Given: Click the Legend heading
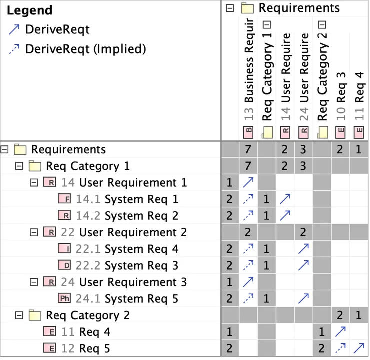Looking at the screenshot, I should [29, 10].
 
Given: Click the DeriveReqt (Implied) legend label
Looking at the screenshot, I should [85, 49].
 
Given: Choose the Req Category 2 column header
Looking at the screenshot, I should [322, 75].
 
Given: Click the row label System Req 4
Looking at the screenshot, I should [141, 249].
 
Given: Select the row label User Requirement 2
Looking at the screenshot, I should [133, 232].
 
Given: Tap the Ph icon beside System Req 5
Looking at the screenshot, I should [64, 299].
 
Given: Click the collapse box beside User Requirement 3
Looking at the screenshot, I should [34, 282].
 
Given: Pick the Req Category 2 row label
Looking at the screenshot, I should [88, 315].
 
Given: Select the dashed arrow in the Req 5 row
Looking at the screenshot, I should [340, 348].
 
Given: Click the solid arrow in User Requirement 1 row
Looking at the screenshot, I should [248, 183].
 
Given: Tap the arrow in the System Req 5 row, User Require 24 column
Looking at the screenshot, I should [303, 299].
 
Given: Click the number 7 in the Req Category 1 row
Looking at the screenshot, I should [248, 166].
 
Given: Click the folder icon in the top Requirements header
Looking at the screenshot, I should [247, 8].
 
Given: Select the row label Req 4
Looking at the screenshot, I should [95, 332].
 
